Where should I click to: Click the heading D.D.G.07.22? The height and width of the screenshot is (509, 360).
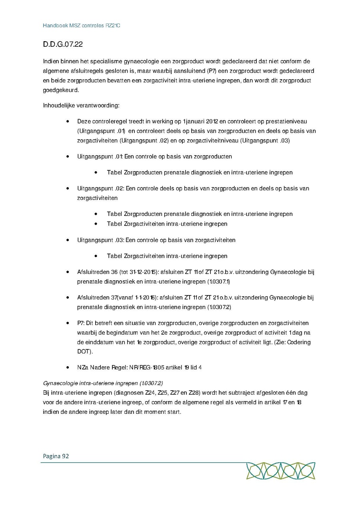point(63,44)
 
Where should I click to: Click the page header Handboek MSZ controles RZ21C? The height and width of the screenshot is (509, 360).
point(82,26)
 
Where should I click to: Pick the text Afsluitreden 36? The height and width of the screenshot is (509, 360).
point(97,272)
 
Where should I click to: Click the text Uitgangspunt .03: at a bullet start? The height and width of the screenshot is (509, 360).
point(100,240)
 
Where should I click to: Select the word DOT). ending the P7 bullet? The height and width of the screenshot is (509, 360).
point(85,351)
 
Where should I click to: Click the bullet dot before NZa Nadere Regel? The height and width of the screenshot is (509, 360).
point(68,367)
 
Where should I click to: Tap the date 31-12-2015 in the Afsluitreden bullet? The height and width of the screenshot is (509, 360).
point(142,272)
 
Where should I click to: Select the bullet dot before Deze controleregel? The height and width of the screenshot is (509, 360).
point(68,121)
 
